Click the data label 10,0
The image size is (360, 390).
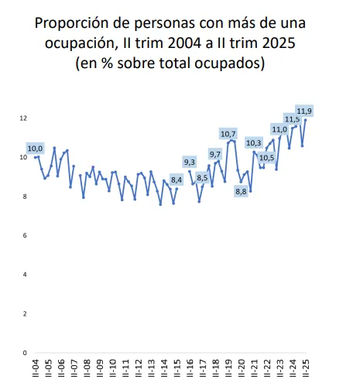click(x=36, y=148)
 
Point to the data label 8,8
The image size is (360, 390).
click(x=240, y=191)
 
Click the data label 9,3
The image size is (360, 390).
click(x=190, y=162)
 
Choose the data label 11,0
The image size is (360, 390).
click(x=279, y=129)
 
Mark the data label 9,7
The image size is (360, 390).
click(x=215, y=154)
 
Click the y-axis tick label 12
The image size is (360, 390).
click(x=24, y=118)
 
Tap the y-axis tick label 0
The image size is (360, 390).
click(x=26, y=353)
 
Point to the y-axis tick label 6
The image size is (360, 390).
click(x=26, y=235)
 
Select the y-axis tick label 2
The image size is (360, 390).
click(x=26, y=313)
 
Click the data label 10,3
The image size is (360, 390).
click(x=254, y=143)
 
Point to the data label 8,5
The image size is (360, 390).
click(x=203, y=178)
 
